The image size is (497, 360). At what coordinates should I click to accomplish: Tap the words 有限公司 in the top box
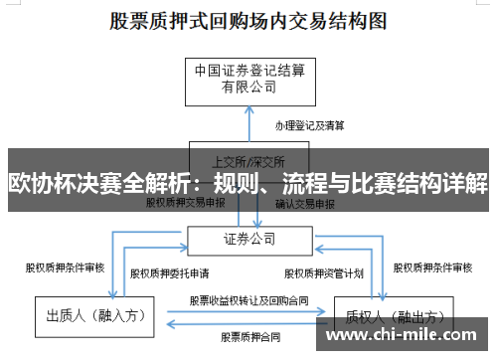tap(248, 88)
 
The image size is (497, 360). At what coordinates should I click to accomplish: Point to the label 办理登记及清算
tap(310, 125)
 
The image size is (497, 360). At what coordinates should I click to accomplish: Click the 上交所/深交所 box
tap(248, 159)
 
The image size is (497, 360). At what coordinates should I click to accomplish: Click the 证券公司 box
tap(248, 239)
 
